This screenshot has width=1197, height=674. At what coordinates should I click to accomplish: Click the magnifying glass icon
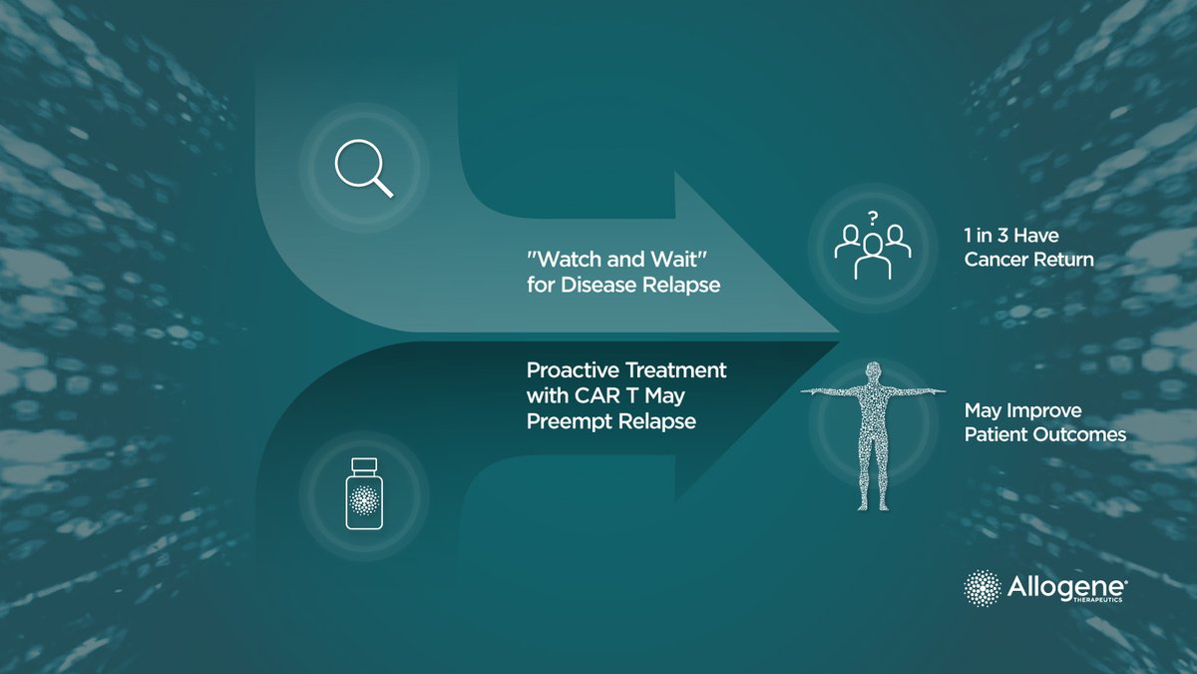click(x=362, y=167)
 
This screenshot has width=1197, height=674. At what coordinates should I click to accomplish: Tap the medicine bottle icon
click(x=363, y=495)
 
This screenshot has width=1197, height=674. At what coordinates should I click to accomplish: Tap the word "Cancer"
click(x=997, y=260)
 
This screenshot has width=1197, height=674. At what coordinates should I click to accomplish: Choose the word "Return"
click(x=1066, y=260)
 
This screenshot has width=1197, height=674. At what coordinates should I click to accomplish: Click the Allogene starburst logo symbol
click(x=984, y=587)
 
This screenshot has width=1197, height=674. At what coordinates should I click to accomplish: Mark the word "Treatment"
click(x=678, y=370)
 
